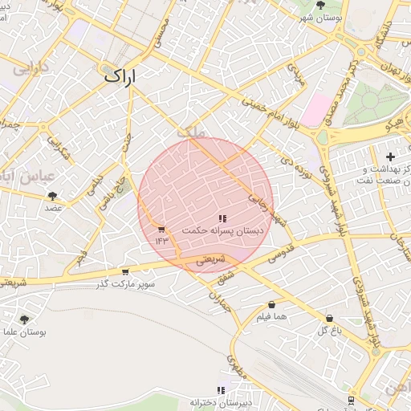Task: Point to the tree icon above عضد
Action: click(53, 195)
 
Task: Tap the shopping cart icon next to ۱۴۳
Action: click(162, 229)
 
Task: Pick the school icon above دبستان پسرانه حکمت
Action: click(222, 218)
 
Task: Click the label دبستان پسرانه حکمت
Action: click(222, 230)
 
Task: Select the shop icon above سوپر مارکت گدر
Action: click(124, 271)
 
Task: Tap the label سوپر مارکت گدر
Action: click(125, 284)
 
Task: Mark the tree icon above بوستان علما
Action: click(23, 319)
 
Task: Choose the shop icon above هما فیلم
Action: click(272, 305)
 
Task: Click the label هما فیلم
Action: click(272, 317)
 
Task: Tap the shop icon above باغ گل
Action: click(329, 318)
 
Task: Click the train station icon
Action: click(351, 399)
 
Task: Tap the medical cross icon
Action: click(390, 157)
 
